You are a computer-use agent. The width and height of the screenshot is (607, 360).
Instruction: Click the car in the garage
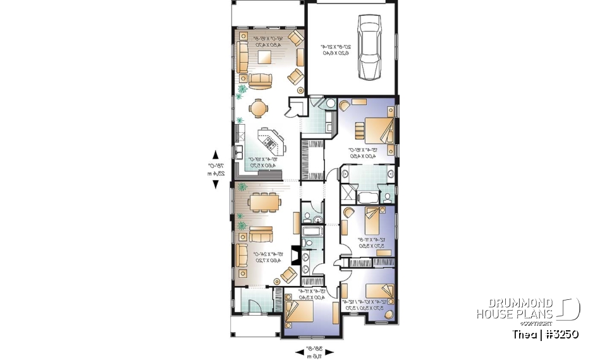(369, 47)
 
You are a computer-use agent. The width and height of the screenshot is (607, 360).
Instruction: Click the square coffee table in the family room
(264, 58)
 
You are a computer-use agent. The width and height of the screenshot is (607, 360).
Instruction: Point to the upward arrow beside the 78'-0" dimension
(216, 154)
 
